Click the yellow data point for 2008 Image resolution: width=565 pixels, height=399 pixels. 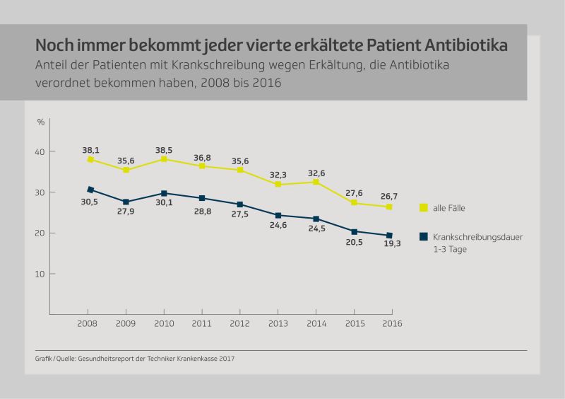click(90, 160)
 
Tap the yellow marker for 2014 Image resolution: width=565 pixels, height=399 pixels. click(316, 182)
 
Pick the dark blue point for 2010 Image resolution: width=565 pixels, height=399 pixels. click(164, 193)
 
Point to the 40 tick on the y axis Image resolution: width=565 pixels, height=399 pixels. click(40, 152)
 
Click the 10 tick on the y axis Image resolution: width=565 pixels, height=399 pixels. click(40, 274)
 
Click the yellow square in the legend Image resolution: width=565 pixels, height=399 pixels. click(424, 207)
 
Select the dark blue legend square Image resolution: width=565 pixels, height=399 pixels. click(424, 236)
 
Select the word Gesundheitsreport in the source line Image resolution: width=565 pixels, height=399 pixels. click(108, 359)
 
